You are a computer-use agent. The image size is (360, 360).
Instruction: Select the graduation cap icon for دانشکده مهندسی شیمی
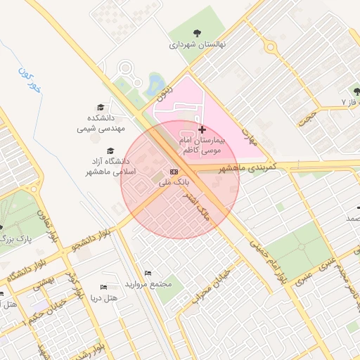click(x=101, y=107)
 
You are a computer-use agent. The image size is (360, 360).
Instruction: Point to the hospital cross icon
click(x=202, y=129)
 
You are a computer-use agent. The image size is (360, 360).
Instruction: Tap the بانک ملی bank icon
click(x=174, y=172)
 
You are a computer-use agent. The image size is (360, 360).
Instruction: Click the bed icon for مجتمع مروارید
click(x=147, y=273)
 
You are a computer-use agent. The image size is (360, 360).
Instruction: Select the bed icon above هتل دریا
click(x=104, y=287)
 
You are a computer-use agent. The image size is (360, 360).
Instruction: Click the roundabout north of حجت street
click(x=270, y=46)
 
